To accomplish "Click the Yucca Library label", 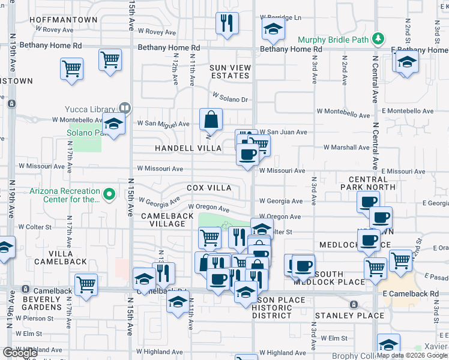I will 92,109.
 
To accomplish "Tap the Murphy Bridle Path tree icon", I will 378,39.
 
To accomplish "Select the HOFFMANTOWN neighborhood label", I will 63,20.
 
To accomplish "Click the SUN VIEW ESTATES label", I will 229,71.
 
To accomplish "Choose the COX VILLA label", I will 209,188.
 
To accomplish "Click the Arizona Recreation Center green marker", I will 109,194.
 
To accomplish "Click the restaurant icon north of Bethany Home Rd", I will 227,23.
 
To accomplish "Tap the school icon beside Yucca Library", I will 112,125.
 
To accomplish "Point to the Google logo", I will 20,353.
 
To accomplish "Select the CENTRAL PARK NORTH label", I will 372,183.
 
